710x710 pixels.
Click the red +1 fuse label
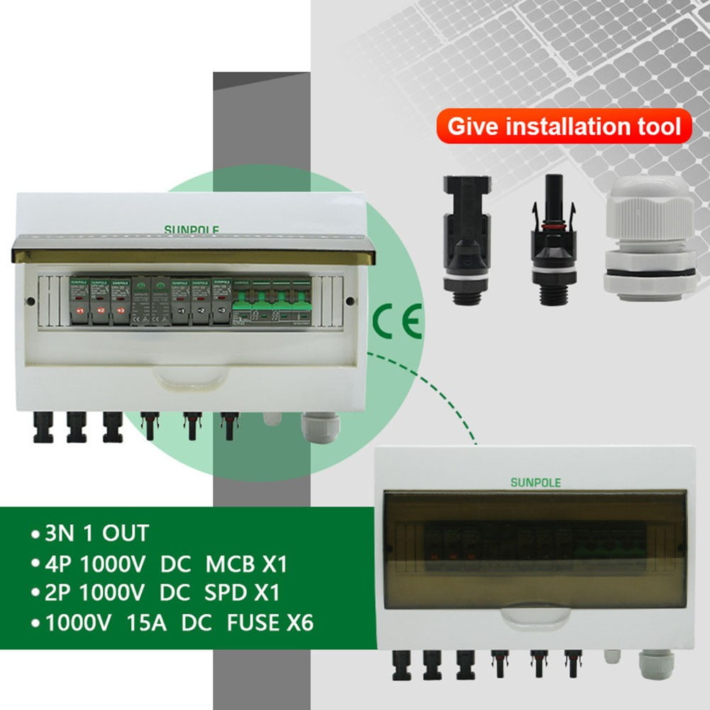pos(79,311)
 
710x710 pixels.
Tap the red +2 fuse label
pos(101,311)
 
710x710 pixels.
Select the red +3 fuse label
pos(121,311)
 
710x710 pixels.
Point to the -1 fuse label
pos(181,311)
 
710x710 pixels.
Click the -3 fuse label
pos(222,311)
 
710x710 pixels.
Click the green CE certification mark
pos(398,321)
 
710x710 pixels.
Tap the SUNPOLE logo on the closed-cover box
pos(536,482)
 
